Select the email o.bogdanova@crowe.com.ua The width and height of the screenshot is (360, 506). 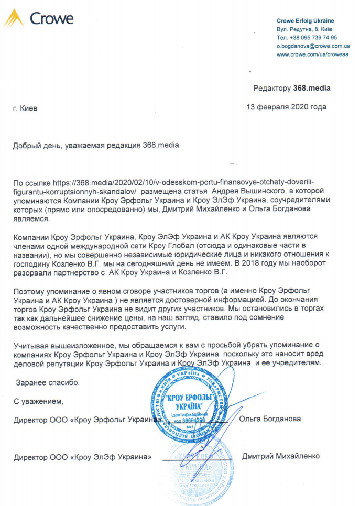[x=313, y=46]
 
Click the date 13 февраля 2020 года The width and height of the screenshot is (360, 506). [x=286, y=107]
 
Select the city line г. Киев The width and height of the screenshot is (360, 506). [x=25, y=108]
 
